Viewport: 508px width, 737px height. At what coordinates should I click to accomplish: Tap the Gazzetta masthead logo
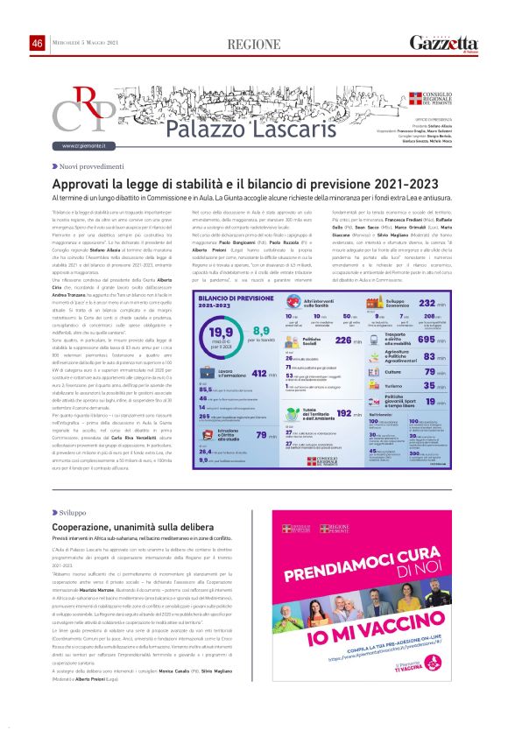[x=444, y=43]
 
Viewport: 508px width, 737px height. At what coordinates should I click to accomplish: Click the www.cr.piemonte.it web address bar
[x=84, y=145]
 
